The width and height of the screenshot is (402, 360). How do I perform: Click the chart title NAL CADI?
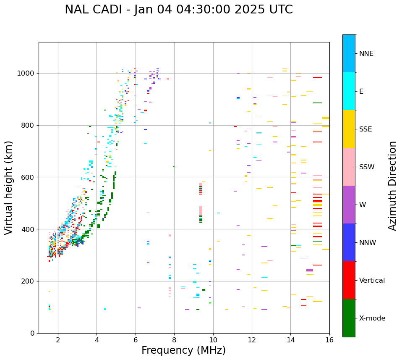(178, 10)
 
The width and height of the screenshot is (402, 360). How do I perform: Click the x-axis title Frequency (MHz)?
(183, 350)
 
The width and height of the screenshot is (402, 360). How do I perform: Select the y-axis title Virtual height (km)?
(9, 187)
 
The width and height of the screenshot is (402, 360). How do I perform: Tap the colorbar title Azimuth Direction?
(392, 186)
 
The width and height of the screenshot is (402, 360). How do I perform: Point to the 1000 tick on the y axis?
(28, 73)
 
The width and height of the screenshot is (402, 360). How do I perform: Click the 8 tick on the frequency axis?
(174, 340)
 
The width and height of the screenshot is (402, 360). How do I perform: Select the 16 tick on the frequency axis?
(329, 340)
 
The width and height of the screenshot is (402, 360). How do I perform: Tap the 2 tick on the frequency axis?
(58, 340)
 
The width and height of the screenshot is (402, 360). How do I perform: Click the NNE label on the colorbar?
(366, 54)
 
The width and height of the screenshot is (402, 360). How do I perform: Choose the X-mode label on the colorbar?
(372, 318)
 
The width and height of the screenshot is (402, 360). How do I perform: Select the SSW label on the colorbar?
(367, 167)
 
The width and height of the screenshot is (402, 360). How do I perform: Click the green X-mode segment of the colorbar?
(349, 318)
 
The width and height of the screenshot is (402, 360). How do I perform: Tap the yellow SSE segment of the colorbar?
(349, 129)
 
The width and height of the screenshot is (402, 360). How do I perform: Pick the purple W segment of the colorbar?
(349, 205)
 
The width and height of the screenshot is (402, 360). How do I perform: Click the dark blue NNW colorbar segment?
(349, 242)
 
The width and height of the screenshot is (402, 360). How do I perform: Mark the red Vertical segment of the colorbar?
(349, 280)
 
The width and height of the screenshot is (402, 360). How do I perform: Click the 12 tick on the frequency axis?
(252, 340)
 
